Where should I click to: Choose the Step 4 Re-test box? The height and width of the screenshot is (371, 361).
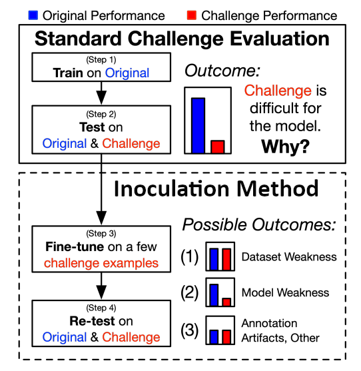point(100,322)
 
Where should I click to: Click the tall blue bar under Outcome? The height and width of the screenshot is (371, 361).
point(198,125)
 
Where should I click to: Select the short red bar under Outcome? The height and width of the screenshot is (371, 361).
point(217,146)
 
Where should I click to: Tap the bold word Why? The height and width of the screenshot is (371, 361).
point(284,146)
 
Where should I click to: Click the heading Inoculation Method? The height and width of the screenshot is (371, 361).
point(216,188)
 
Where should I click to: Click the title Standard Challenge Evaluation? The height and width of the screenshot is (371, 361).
point(181,38)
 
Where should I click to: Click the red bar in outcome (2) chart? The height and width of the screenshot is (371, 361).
point(226,302)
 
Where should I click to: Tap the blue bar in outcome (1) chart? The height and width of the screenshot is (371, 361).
point(214,257)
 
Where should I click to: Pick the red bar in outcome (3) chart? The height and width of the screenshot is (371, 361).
point(226,334)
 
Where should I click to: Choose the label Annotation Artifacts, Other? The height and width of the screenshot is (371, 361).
point(280,331)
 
